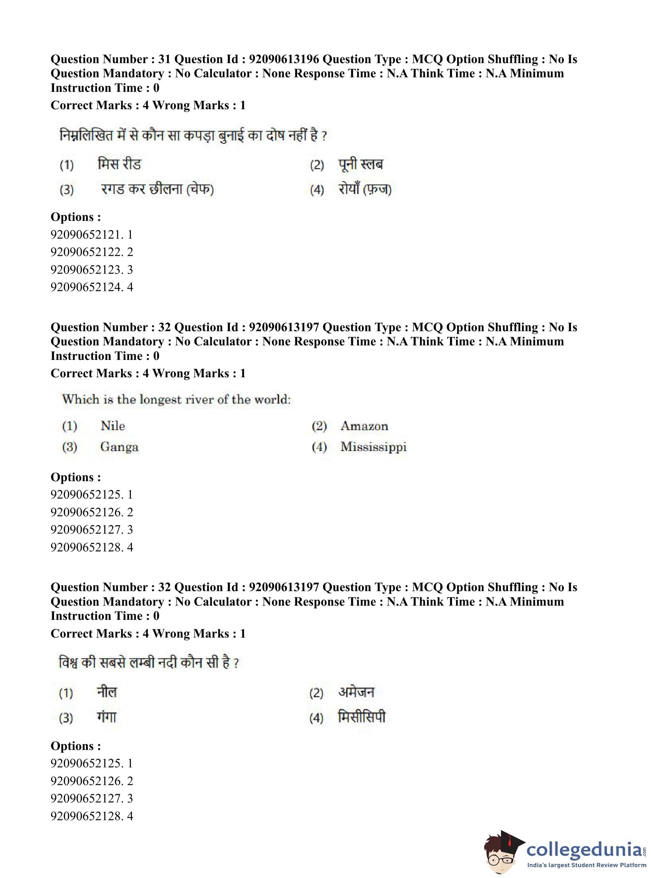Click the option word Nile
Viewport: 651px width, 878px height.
[113, 426]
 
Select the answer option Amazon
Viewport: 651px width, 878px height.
[364, 426]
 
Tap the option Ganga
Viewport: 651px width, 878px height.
[119, 447]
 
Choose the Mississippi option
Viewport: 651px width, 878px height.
[373, 447]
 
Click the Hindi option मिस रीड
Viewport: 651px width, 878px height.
[119, 164]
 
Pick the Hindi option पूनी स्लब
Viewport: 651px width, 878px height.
[360, 164]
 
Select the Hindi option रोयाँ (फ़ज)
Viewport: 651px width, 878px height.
[365, 189]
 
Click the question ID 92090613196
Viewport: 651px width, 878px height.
[284, 59]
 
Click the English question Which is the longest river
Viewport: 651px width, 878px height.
[176, 399]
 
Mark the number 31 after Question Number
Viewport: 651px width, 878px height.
[164, 59]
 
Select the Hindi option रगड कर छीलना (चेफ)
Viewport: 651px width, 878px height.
[157, 189]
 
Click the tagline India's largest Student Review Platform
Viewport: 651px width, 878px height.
[587, 865]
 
